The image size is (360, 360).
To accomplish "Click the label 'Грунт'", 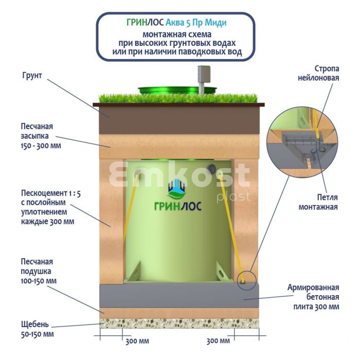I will (31, 75).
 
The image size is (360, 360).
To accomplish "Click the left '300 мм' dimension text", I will (137, 341).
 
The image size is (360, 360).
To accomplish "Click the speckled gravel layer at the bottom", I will (180, 323).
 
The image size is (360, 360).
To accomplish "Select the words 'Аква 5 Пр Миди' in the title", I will (196, 23).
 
